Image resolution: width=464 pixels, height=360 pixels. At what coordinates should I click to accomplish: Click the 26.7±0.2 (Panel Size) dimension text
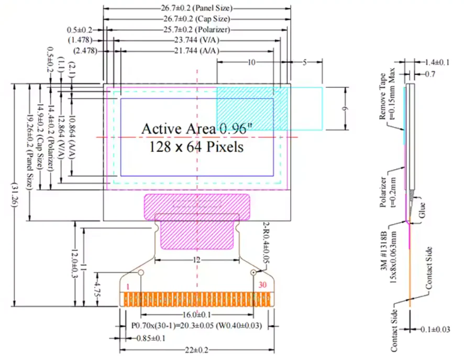[x=197, y=8]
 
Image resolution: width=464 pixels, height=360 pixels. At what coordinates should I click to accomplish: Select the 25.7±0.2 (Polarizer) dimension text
[x=197, y=29]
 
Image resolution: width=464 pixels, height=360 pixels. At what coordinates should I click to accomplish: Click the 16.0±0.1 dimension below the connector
[x=197, y=314]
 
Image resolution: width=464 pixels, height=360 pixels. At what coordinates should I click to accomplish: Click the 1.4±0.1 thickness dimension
[x=437, y=63]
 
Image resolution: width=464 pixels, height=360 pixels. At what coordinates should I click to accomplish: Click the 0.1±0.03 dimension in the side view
[x=435, y=329]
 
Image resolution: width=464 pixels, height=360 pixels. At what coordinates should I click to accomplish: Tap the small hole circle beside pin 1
[x=140, y=272]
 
